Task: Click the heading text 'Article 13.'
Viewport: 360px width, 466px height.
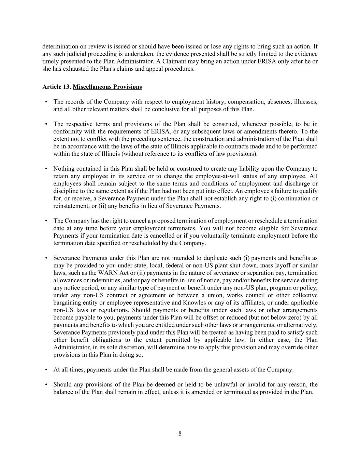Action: [57, 87]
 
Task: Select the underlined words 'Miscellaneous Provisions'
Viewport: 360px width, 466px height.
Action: [107, 87]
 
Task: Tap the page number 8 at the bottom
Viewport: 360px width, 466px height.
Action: [180, 434]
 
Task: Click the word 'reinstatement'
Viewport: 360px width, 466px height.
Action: [71, 206]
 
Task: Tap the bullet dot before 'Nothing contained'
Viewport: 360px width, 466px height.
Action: [46, 169]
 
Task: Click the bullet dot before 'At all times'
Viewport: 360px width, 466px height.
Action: [46, 369]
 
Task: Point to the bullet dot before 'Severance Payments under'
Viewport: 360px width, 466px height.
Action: [46, 258]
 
